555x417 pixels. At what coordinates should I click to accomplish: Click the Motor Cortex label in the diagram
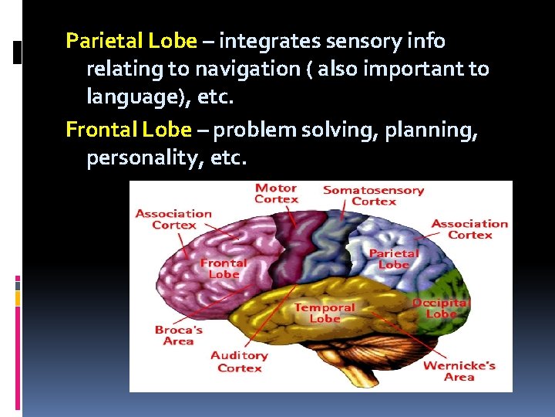click(277, 193)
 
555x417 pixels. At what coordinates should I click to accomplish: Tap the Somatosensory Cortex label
click(373, 195)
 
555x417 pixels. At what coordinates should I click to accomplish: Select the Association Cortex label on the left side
click(173, 219)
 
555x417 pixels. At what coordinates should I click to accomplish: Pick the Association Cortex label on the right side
click(469, 229)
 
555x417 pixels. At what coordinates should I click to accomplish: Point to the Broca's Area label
click(178, 335)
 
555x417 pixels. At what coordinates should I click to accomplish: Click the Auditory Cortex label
click(239, 361)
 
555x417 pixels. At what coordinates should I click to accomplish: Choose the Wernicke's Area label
click(459, 371)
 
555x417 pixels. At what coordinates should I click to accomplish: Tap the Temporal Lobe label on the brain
click(325, 313)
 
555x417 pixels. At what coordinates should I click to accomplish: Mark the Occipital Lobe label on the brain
click(441, 308)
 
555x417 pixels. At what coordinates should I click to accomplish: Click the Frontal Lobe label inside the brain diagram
click(224, 268)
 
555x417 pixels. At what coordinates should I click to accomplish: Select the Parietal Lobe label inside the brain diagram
click(394, 258)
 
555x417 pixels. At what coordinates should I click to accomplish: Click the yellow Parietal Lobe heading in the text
click(132, 40)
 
